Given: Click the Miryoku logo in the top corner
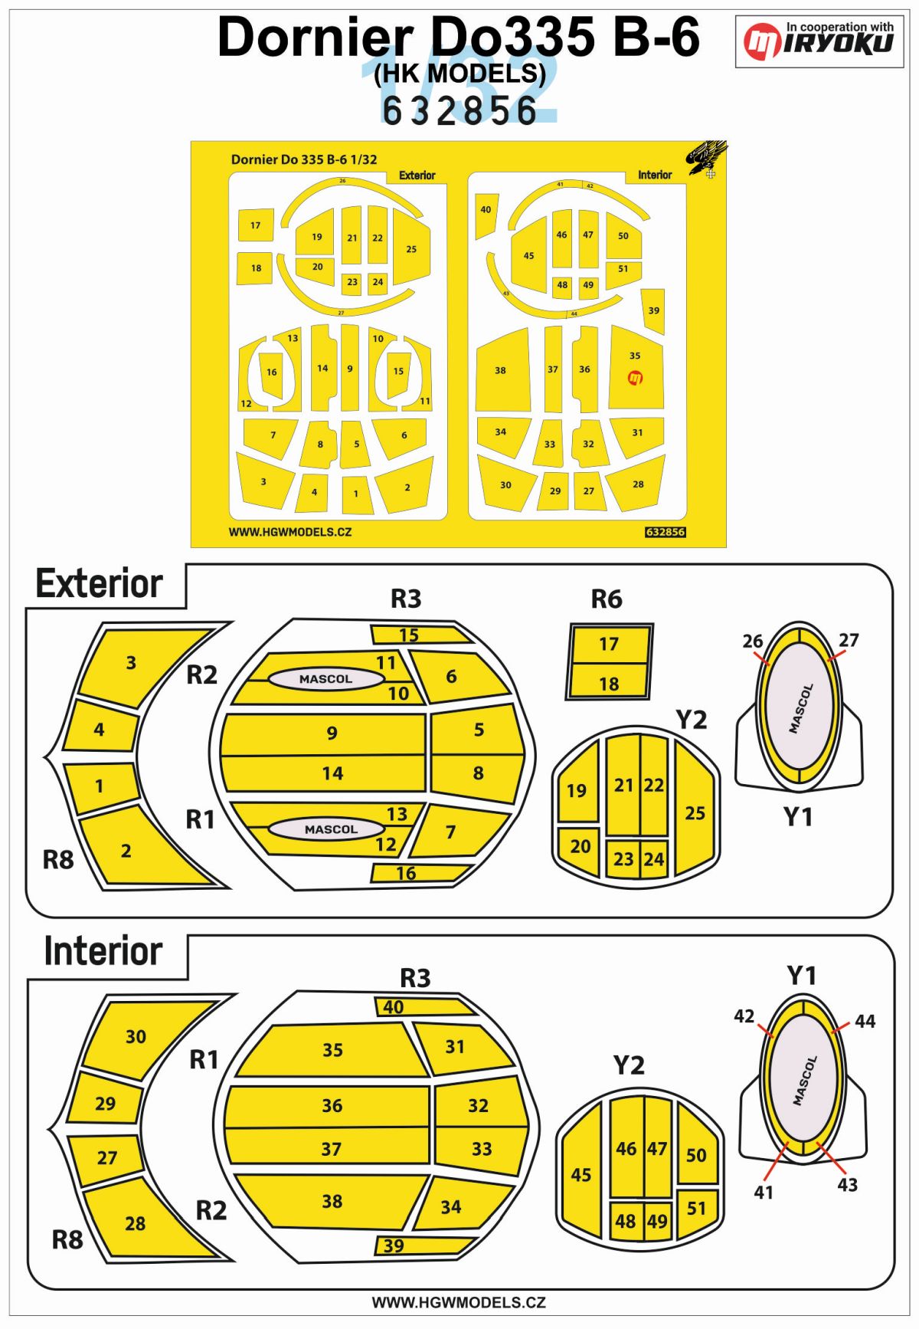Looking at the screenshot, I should point(819,41).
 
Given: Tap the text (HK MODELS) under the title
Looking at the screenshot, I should point(459,73).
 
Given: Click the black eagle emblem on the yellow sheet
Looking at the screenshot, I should point(706,157).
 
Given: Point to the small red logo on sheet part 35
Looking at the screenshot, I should point(635,377).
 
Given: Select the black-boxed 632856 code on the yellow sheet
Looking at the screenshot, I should point(665,532).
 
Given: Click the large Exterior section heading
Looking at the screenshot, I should point(100,584).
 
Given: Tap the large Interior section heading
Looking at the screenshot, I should point(103,951).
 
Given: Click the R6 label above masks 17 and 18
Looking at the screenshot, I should point(607,599).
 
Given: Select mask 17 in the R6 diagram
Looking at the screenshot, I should point(610,644).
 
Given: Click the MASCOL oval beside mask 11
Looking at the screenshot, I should point(326,679).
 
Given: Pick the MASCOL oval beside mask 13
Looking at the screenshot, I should point(331,829).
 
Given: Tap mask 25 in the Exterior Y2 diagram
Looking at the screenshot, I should point(695,812).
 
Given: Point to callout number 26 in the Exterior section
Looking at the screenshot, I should point(753,641).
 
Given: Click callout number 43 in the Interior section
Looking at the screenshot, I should point(847,1185).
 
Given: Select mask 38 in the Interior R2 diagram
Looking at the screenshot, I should point(332,1201).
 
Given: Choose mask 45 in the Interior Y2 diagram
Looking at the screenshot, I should point(581,1174).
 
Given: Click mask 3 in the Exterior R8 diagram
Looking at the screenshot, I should point(132,663).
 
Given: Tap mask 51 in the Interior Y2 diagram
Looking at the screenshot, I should point(696,1209).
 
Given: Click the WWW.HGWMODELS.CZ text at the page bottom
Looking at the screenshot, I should point(459,1302).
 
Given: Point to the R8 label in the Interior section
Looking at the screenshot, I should point(67,1239).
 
